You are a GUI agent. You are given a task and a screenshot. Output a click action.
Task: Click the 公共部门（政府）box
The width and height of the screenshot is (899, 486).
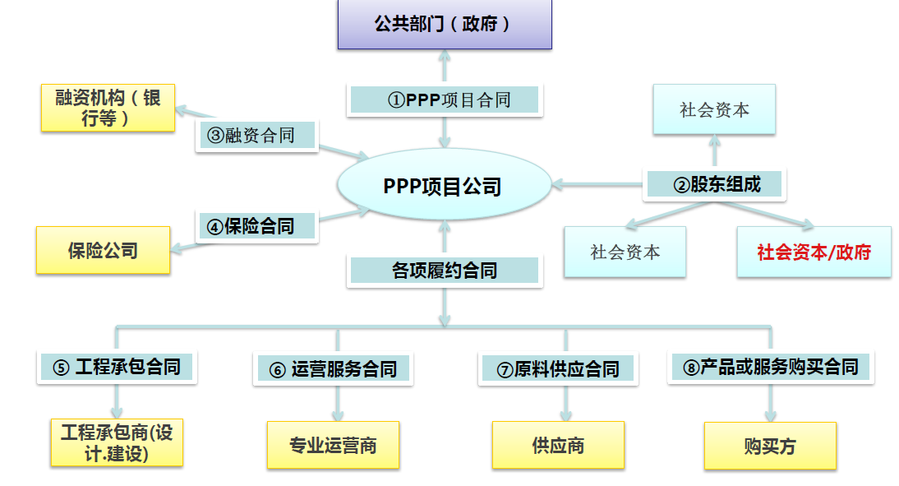(x=445, y=25)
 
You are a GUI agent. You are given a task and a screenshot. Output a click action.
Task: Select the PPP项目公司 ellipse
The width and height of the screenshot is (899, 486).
(x=443, y=186)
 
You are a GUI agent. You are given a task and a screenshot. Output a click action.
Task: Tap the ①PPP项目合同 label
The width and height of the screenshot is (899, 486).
(x=445, y=100)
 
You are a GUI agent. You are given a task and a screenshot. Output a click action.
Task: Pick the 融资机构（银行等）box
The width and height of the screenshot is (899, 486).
(x=108, y=108)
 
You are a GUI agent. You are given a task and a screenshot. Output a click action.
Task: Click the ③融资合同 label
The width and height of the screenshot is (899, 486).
(x=257, y=135)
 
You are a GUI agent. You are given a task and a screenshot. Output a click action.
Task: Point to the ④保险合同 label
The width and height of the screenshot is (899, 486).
(x=257, y=225)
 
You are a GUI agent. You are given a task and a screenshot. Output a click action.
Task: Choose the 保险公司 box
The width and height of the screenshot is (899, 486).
(x=103, y=251)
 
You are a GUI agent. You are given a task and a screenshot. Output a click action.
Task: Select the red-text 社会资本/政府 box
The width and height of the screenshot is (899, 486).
(x=814, y=252)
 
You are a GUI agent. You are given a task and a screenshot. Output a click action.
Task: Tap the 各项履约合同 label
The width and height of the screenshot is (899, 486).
(x=445, y=271)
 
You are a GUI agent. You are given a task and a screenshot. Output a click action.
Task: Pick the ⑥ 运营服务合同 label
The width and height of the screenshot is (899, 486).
(x=333, y=369)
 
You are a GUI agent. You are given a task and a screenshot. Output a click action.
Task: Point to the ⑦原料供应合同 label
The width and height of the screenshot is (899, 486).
(x=559, y=369)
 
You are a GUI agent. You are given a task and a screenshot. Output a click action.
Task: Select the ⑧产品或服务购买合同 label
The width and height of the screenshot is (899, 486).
(x=770, y=367)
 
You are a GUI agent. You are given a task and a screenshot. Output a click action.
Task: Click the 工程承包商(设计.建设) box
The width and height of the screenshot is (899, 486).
(x=117, y=443)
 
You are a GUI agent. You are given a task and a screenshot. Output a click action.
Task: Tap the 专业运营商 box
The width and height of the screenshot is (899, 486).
(x=333, y=446)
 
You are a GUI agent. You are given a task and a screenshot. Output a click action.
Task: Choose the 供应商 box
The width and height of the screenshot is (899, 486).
(x=558, y=446)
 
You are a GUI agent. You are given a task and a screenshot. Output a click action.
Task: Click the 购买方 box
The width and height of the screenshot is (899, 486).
(x=770, y=447)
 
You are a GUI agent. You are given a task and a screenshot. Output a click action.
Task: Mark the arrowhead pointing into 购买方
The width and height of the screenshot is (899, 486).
(x=770, y=415)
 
